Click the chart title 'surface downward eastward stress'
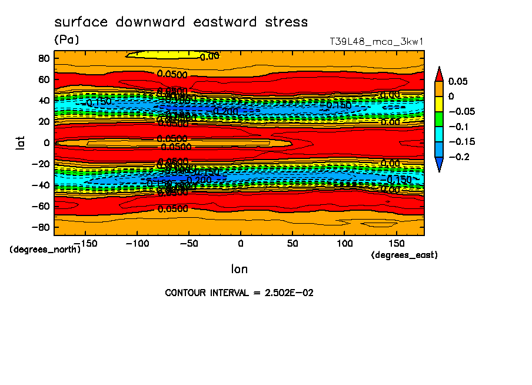pos(181,22)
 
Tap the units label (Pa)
pos(66,40)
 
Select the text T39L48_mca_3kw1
pos(377,42)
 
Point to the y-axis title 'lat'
pos(21,142)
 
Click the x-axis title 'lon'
pos(239,269)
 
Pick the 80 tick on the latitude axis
pos(43,58)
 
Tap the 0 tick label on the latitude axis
pos(46,142)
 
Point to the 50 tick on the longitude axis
pos(292,243)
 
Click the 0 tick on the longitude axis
pos(240,243)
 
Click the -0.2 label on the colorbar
pos(458,157)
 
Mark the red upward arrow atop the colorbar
pos(438,73)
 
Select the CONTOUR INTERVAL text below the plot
pos(239,293)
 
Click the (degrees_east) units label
pos(404,255)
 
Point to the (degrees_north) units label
pos(45,249)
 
